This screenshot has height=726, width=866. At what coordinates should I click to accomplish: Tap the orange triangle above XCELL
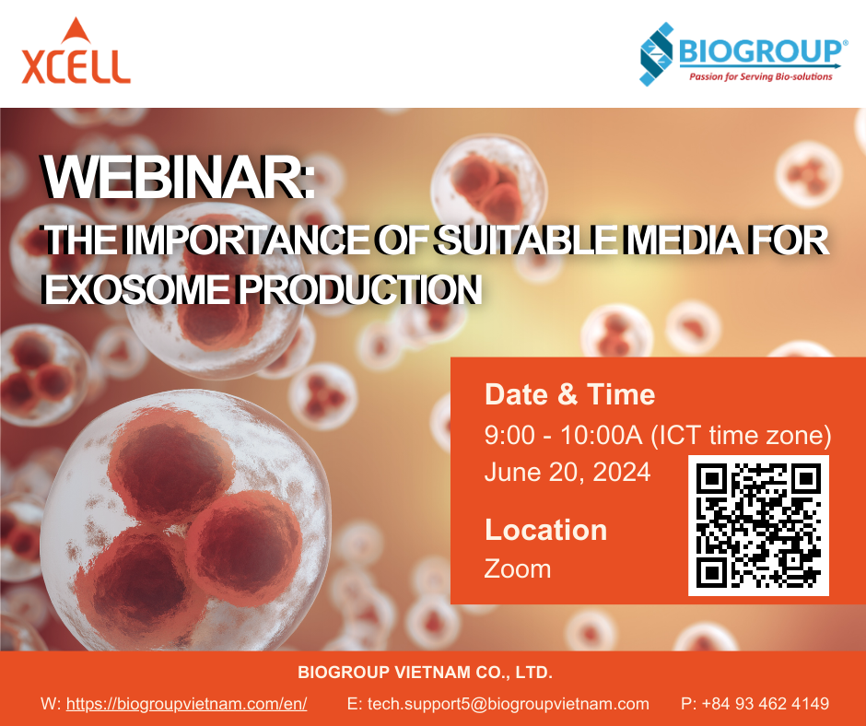tap(76, 31)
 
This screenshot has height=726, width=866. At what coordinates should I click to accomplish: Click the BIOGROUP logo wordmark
tap(759, 52)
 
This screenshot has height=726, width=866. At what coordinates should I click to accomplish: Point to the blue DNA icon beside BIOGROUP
tap(656, 54)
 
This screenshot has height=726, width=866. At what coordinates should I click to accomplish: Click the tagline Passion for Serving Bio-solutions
tap(760, 76)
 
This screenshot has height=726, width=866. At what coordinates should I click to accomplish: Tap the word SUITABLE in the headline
tap(526, 240)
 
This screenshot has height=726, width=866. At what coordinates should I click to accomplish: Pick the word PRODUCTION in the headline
tap(360, 289)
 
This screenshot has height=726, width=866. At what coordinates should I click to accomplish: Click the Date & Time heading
tap(570, 394)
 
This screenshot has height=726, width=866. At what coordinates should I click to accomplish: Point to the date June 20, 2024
tap(568, 473)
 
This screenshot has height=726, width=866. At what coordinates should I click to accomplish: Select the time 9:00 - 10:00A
tap(563, 435)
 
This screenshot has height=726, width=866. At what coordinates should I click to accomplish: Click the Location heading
tap(545, 530)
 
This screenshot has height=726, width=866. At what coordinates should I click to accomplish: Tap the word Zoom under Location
tap(518, 568)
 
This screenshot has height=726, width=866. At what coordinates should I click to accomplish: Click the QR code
tap(758, 526)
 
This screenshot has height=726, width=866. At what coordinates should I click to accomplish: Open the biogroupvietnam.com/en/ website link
tap(187, 704)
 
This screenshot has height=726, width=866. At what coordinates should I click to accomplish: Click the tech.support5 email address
tap(509, 704)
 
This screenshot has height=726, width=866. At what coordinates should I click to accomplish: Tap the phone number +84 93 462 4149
tap(765, 704)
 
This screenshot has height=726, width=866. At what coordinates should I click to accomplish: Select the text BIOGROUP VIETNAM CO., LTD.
tap(426, 673)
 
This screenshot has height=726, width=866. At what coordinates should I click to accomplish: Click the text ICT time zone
tap(742, 435)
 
